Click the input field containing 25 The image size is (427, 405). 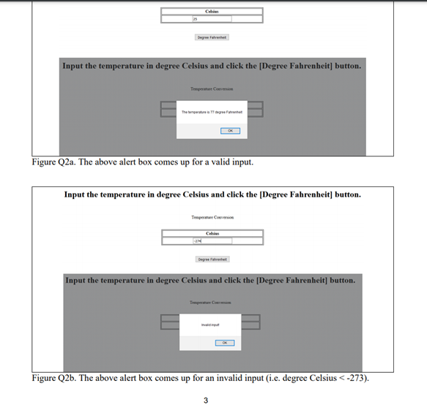point(212,18)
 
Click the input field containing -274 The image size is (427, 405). point(212,241)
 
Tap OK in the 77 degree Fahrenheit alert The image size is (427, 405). point(229,132)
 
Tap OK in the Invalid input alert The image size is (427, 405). point(225,342)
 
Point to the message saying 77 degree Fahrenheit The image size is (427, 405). point(212,113)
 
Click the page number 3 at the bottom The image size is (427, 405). point(205,399)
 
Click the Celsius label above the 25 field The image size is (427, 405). point(212,11)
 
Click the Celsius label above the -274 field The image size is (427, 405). point(212,232)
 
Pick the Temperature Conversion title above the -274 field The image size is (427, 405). point(212,217)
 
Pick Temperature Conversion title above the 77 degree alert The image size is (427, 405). point(212,89)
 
